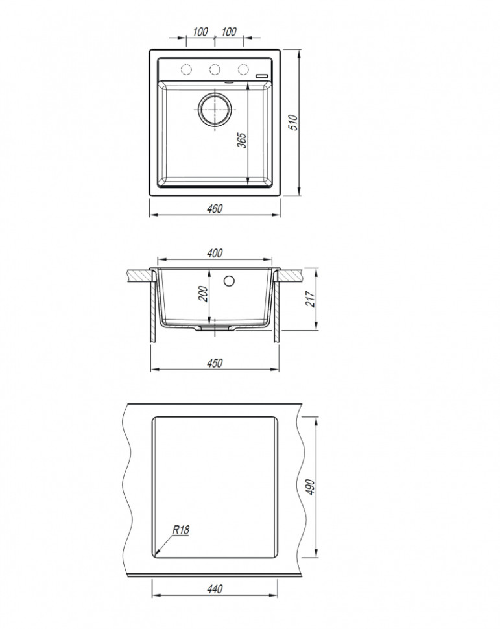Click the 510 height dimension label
[292, 123]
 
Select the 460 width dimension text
[215, 208]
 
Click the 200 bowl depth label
[202, 294]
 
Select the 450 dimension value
[215, 363]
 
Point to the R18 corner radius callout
[180, 530]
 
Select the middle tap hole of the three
[214, 69]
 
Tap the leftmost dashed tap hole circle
[185, 69]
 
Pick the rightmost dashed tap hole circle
[243, 69]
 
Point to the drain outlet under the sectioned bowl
[215, 329]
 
